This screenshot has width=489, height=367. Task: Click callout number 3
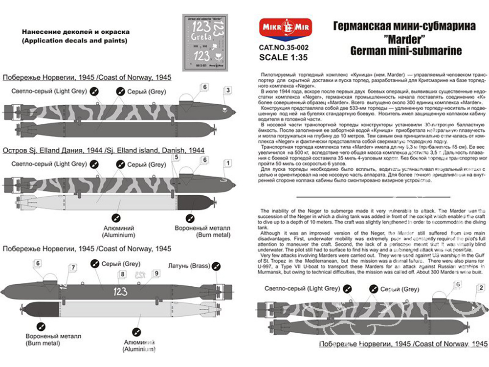tap(228, 90)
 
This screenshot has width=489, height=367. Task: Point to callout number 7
tap(73, 268)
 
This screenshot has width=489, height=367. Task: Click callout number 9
tap(156, 274)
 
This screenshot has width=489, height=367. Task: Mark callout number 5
tap(176, 158)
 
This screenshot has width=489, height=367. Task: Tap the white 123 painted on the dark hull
tap(120, 292)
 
